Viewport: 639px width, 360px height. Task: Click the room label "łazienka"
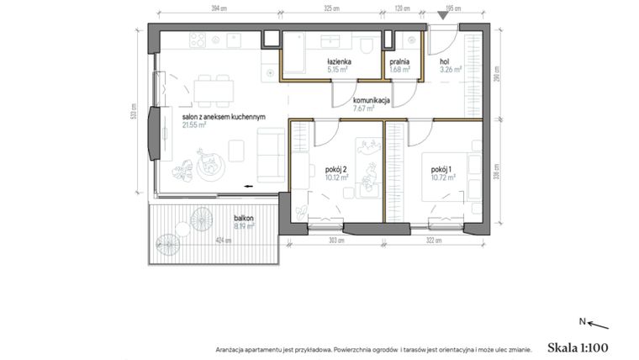pos(339,63)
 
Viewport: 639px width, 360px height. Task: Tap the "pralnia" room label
pos(399,63)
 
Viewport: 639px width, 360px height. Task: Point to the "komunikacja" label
pos(371,100)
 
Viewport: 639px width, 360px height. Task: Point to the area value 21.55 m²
pos(196,126)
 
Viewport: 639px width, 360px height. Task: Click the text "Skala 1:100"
pos(577,346)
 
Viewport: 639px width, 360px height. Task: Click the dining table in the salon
pos(213,87)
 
